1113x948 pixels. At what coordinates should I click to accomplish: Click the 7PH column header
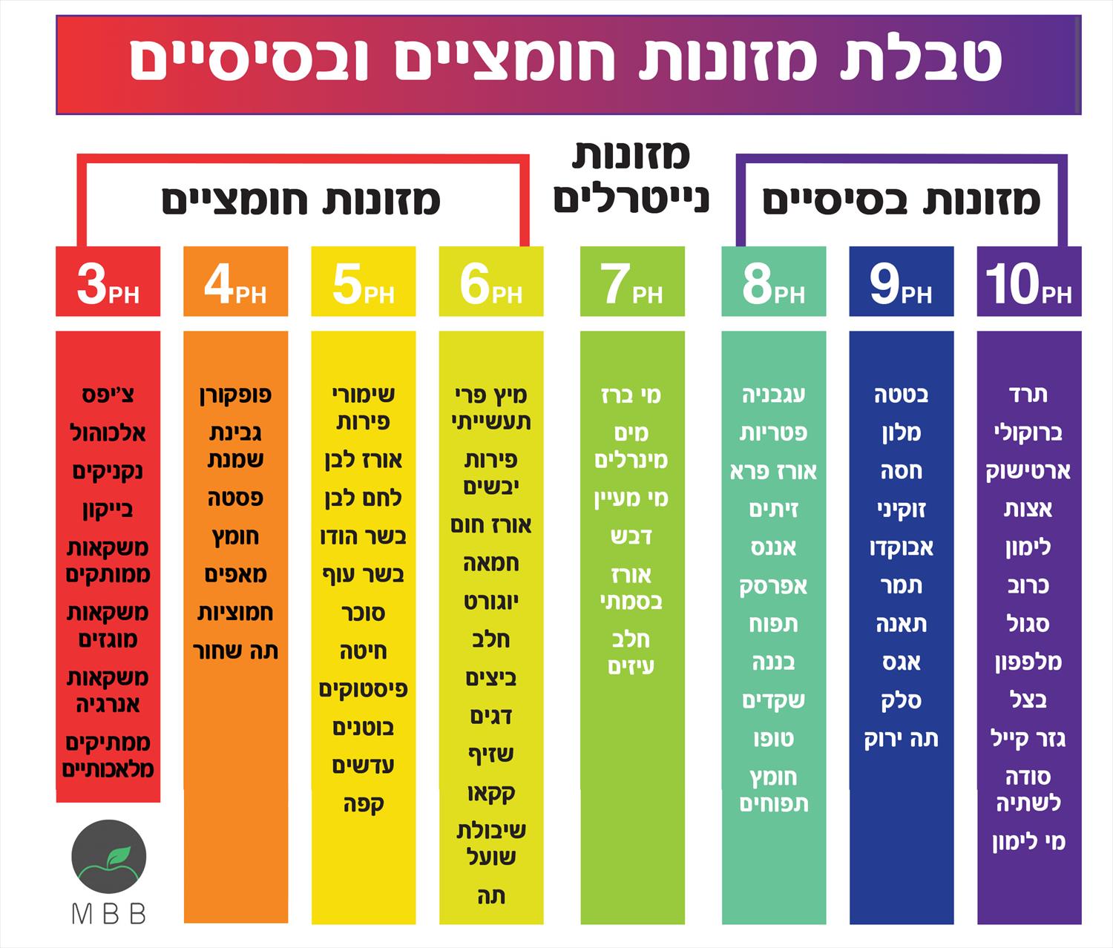click(632, 281)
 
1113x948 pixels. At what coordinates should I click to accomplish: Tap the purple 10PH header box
click(1029, 281)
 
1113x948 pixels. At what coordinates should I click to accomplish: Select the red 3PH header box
click(108, 281)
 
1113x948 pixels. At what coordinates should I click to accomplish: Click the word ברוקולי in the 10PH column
click(1028, 432)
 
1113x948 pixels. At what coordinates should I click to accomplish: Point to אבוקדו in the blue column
click(902, 547)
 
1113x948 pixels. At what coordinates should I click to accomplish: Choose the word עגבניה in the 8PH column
click(773, 395)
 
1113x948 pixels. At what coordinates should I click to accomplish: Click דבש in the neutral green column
click(631, 536)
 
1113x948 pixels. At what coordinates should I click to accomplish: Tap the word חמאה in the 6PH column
click(491, 563)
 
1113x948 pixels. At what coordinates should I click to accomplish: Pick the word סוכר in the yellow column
click(364, 613)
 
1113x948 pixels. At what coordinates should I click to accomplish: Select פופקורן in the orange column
click(235, 395)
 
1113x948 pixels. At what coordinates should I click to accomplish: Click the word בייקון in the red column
click(108, 510)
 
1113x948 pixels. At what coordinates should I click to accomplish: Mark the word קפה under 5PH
click(364, 804)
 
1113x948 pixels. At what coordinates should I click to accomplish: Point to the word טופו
click(773, 739)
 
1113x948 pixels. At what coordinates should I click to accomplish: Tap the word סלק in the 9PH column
click(902, 700)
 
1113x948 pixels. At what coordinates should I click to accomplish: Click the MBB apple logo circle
click(109, 857)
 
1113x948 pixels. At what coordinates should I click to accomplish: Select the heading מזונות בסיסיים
click(902, 200)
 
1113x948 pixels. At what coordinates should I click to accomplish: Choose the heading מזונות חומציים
click(301, 200)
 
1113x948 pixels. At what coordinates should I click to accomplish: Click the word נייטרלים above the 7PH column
click(631, 200)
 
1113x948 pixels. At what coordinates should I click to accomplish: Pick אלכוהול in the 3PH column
click(108, 432)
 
